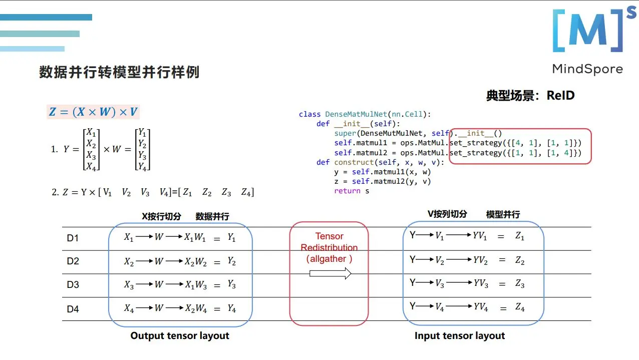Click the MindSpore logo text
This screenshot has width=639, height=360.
click(x=587, y=69)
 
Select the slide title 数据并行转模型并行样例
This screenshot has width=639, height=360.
click(x=119, y=72)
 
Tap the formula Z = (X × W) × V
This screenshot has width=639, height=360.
click(x=93, y=112)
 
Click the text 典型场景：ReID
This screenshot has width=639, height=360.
click(x=530, y=95)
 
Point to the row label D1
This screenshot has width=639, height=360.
click(x=73, y=238)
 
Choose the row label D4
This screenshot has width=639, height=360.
click(x=73, y=309)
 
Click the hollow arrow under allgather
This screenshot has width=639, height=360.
click(x=330, y=273)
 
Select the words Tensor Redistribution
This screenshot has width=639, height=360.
click(x=329, y=242)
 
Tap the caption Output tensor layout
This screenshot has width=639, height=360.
click(x=180, y=335)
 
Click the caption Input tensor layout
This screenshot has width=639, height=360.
click(x=460, y=335)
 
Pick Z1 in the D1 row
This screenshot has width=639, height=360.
click(x=520, y=236)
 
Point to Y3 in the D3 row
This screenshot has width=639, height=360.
click(x=231, y=284)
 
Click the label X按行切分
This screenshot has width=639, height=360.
click(x=162, y=216)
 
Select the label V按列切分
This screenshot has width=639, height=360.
click(x=447, y=214)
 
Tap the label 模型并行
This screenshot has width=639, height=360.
click(x=503, y=214)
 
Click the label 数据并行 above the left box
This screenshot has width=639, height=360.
click(x=212, y=216)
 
